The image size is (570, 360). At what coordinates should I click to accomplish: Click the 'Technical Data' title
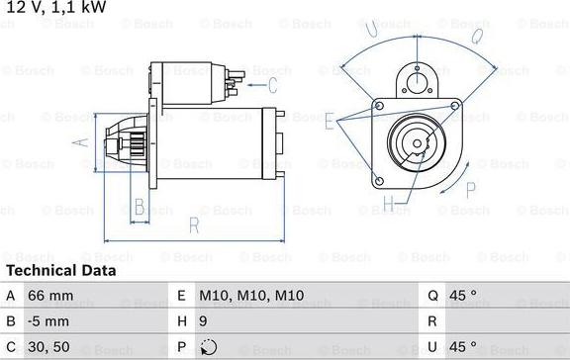click(61, 270)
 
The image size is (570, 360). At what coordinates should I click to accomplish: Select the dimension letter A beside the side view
click(84, 141)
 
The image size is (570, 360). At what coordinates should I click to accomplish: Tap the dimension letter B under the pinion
click(140, 207)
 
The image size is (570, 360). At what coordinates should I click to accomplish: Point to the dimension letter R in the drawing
click(194, 225)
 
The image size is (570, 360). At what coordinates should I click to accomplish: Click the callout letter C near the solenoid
click(286, 71)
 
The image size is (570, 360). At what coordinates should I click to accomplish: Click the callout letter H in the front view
click(389, 205)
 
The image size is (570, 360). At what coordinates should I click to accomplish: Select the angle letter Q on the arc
click(477, 36)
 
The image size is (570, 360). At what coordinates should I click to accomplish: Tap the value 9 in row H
click(204, 321)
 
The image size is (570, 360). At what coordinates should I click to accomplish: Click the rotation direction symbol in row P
click(207, 348)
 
